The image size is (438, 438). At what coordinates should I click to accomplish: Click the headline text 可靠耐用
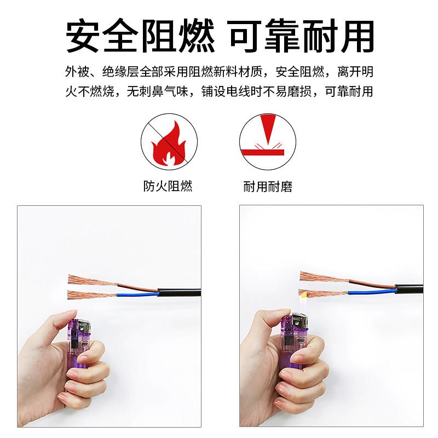coord(302,36)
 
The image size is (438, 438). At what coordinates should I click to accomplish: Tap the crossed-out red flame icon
coord(169,142)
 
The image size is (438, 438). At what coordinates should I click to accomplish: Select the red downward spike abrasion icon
coord(268,142)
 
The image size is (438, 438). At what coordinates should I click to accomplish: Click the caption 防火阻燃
coord(168,186)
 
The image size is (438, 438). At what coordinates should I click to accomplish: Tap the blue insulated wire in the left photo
coord(137,295)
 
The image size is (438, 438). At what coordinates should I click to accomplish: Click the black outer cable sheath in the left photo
coord(180,293)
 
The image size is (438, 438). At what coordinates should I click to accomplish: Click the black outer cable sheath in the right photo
coord(408,289)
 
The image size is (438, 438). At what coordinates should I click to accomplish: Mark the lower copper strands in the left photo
coord(92,295)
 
